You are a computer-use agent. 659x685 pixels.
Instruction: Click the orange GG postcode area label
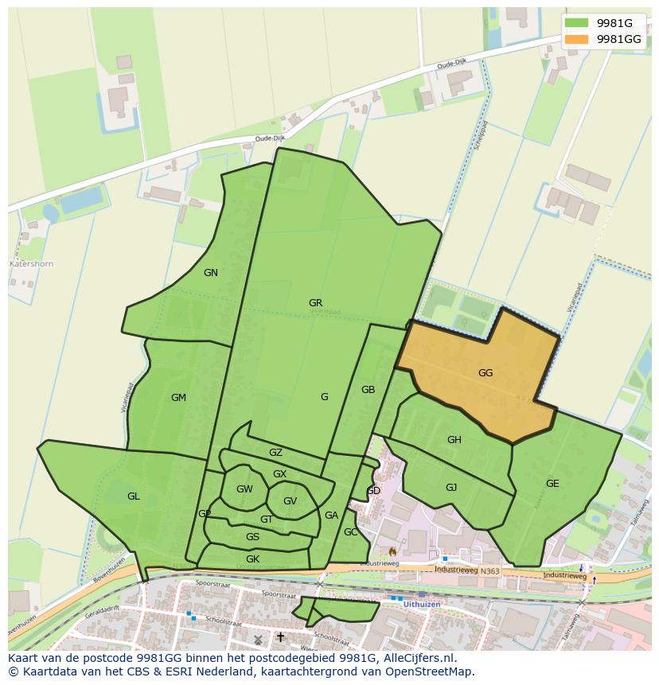coord(485,372)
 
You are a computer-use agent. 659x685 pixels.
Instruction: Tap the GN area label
coord(210,273)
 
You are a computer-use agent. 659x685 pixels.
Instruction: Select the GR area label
coord(315,303)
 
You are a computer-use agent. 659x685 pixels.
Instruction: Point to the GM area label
coord(178,398)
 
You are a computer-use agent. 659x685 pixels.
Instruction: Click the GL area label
coord(133,496)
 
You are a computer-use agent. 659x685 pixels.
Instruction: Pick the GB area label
coord(368,390)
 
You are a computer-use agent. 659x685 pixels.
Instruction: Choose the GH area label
coord(454,440)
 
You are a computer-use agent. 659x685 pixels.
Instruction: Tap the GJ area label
coord(451,488)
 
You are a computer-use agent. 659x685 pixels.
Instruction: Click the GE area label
coord(552,483)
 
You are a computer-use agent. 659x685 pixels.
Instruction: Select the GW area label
coord(244,489)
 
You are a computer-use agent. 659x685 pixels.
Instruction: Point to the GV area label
coord(290,501)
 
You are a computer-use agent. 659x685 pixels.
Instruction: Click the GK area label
coord(252,559)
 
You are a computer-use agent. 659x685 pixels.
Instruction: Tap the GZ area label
coord(275,453)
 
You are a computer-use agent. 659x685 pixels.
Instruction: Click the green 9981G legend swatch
coord(577,23)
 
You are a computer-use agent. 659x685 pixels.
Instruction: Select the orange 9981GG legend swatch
coord(577,39)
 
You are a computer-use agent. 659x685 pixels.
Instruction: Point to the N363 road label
coord(490,570)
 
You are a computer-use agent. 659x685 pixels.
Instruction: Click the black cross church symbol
coord(280,637)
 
